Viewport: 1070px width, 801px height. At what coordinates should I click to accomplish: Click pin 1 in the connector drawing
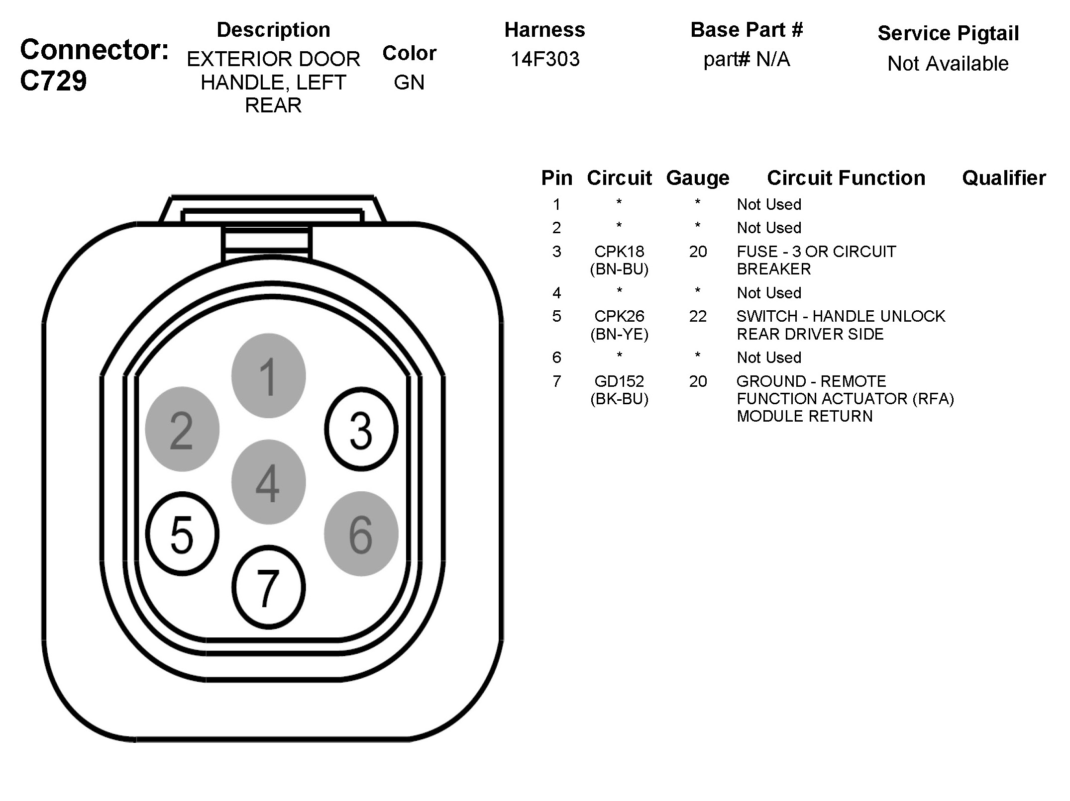[x=268, y=376]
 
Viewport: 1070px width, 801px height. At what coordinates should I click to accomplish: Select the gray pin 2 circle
[x=182, y=429]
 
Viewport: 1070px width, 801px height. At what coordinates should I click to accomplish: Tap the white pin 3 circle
[x=361, y=429]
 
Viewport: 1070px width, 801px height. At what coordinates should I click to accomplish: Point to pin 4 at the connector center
[x=268, y=482]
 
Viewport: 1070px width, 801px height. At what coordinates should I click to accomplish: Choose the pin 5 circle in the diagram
[x=182, y=534]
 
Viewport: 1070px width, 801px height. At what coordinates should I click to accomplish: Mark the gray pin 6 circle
[x=361, y=534]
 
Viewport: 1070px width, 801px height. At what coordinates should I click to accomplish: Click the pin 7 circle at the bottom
[x=268, y=587]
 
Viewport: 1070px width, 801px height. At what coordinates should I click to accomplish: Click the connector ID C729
[x=53, y=81]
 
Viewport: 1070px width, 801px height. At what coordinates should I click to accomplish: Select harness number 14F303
[x=545, y=59]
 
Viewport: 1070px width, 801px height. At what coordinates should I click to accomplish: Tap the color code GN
[x=409, y=82]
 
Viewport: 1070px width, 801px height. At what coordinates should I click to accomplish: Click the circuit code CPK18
[x=619, y=252]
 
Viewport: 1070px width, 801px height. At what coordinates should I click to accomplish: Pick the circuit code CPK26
[x=619, y=316]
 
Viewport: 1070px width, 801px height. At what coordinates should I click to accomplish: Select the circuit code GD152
[x=619, y=381]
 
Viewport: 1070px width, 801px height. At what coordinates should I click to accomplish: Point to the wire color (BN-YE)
[x=619, y=334]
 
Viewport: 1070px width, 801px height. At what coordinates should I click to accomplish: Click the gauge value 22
[x=698, y=316]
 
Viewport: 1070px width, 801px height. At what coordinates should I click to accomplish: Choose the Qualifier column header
[x=1004, y=178]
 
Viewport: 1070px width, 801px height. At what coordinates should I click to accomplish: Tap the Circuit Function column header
[x=846, y=178]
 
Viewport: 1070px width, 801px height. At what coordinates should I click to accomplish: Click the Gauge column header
[x=698, y=178]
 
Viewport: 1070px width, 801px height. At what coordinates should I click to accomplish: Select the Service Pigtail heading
[x=948, y=33]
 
